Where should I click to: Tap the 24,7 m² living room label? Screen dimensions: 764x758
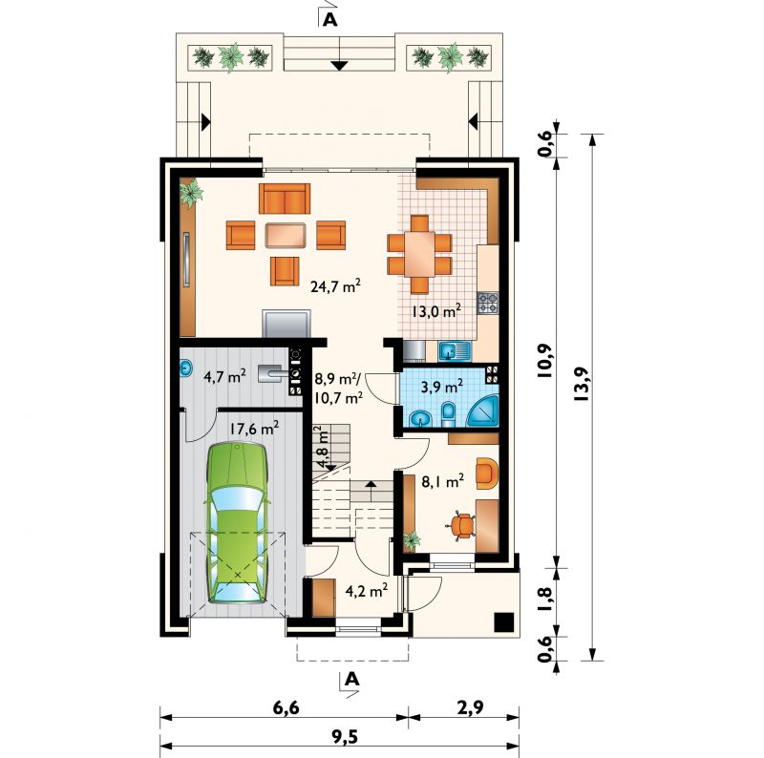pos(336,286)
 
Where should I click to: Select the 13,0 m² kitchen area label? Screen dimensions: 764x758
pos(436,310)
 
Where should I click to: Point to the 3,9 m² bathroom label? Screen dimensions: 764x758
pos(441,386)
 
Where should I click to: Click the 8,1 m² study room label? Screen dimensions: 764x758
pos(442,481)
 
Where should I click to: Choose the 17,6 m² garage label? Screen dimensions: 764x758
pos(254,429)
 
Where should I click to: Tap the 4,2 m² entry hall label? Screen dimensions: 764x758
pos(367,590)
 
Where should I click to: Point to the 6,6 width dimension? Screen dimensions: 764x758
pos(286,707)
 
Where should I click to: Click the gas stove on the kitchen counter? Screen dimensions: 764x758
pos(488,302)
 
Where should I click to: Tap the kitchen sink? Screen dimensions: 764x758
pos(455,351)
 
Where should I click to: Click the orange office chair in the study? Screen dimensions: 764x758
pos(461,525)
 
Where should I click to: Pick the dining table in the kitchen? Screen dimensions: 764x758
pos(419,254)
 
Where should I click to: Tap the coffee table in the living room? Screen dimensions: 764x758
pos(286,235)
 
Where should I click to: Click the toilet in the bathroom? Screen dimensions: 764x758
pos(448,413)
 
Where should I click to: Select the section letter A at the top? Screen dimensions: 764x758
pos(330,19)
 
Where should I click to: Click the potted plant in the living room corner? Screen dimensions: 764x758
pos(190,192)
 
